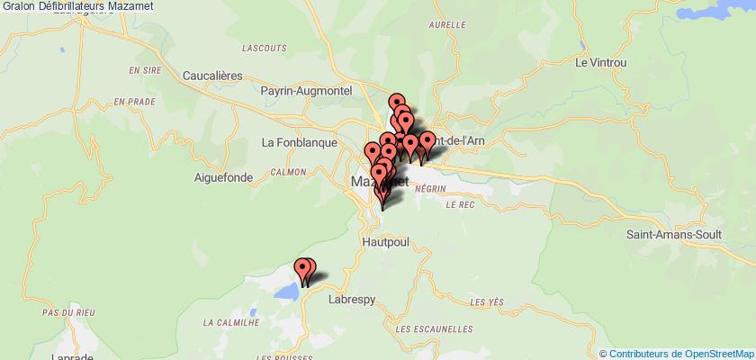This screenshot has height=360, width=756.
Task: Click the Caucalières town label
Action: (x=212, y=77)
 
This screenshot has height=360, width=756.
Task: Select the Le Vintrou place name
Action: (x=600, y=63)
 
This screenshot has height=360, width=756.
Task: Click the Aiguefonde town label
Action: (x=220, y=177)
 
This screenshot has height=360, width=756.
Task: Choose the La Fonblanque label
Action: (x=298, y=142)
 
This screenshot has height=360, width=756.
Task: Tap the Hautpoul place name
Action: (x=386, y=243)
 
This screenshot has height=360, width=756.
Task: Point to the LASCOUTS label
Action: (x=265, y=46)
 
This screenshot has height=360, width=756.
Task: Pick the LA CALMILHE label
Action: (x=231, y=322)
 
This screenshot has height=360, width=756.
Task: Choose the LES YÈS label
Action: (x=489, y=302)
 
